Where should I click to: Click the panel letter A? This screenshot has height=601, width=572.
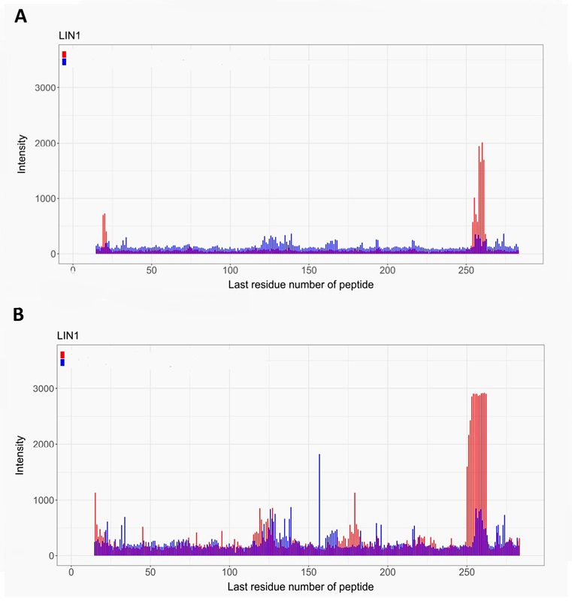[x=21, y=16]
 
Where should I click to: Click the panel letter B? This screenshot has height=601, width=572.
[x=20, y=315]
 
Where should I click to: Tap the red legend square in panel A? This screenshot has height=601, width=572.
[x=65, y=54]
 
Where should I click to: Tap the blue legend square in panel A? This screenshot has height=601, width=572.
[x=65, y=62]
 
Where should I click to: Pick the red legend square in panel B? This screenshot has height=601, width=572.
[x=62, y=355]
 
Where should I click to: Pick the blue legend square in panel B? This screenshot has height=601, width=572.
[x=62, y=363]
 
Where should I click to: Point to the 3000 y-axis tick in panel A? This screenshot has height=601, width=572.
[x=47, y=88]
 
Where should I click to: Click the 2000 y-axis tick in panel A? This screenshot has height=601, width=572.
[x=47, y=143]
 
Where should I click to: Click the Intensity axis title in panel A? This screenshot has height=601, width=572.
[x=23, y=154]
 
